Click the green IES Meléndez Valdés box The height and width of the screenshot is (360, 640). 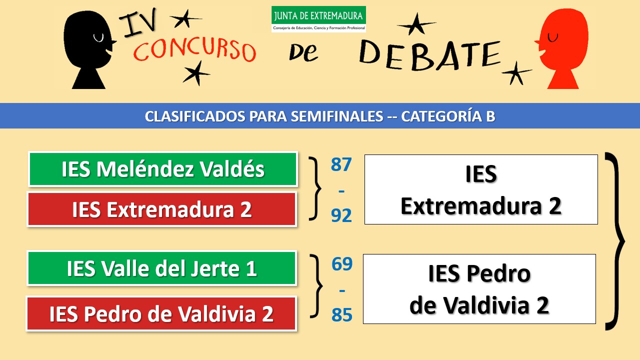163,169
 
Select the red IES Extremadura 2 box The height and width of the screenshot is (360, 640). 162,209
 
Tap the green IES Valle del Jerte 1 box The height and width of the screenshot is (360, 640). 162,268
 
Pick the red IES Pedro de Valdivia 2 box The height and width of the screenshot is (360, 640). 161,313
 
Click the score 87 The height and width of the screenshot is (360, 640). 341,164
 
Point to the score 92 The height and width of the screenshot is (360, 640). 341,215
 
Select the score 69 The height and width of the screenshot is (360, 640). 342,263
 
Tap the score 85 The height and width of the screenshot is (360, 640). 342,314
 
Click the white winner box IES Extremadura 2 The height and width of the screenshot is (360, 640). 481,189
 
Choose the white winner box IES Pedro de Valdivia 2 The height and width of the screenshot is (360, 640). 479,289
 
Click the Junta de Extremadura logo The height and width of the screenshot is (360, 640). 318,19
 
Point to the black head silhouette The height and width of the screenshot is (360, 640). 89,49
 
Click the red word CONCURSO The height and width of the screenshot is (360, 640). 194,49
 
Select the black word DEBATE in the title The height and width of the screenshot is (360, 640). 430,55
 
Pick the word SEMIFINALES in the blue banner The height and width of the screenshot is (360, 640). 337,116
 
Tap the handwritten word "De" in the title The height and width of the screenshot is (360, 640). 303,52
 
